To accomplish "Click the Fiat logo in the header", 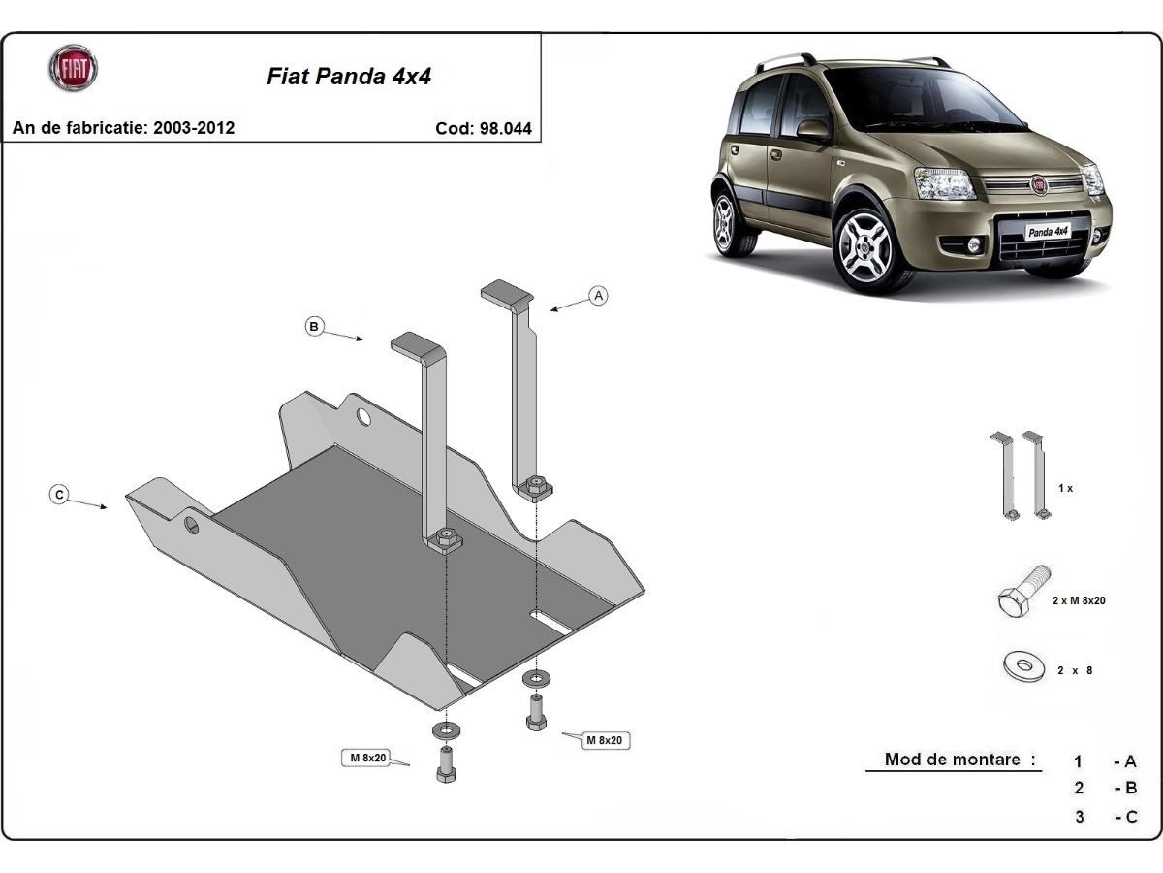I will coord(73,69).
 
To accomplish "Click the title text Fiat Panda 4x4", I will coord(349,77).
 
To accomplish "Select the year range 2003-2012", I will coord(194,127).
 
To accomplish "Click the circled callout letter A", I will coord(598,296).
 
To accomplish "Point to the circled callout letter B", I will coord(314,327).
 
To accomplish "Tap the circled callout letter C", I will coord(59,495).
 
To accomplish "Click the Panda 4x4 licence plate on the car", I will coord(1048,232).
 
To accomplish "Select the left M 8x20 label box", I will coord(367,758).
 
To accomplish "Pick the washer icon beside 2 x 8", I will coord(1022,666).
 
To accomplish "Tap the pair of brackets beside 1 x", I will coord(1019,476).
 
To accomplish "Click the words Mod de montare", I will coord(952,760).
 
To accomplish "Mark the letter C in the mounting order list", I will coord(1130,817).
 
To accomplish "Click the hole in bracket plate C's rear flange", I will coord(364,418).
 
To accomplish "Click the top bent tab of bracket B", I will coord(417,343).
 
